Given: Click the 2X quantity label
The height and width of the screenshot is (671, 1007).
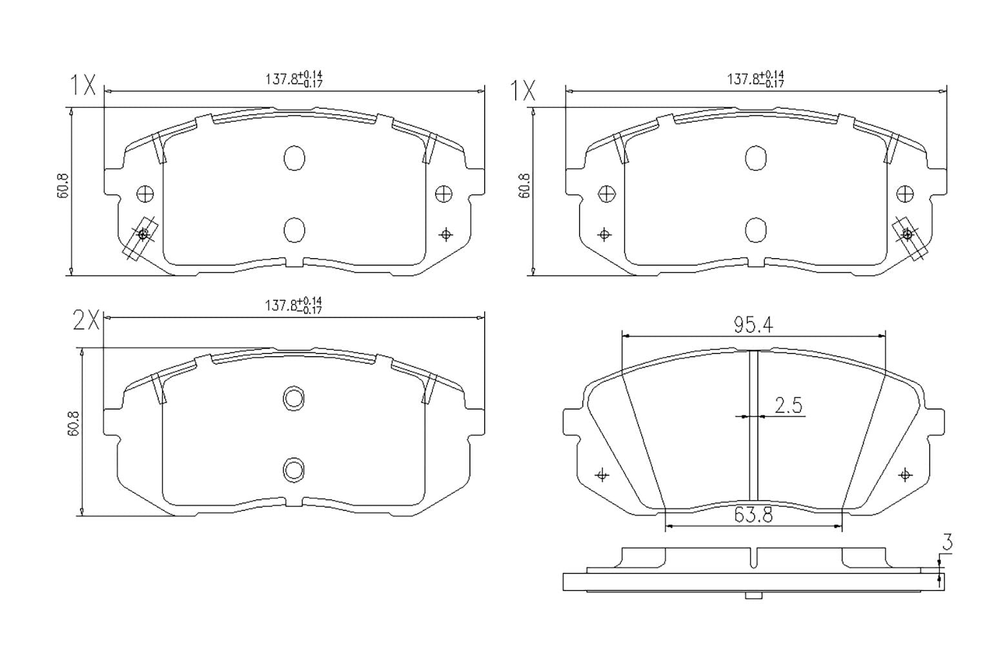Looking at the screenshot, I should click(86, 320).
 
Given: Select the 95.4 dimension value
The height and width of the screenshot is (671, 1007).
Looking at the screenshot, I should click(753, 326).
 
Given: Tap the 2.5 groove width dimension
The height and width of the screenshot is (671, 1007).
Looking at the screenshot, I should click(788, 406).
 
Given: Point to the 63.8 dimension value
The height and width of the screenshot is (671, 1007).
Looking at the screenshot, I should click(753, 516).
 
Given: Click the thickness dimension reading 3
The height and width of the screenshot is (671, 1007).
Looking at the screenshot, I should click(946, 543).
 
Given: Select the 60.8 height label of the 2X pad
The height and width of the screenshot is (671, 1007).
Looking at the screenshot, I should click(72, 424).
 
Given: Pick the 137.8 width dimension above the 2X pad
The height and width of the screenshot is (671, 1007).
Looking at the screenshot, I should click(294, 305).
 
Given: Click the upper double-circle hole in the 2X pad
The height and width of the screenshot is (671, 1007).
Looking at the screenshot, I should click(294, 398).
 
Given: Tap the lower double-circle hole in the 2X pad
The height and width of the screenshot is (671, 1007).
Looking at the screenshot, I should click(294, 470).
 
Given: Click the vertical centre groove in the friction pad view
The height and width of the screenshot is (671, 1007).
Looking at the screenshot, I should click(753, 426).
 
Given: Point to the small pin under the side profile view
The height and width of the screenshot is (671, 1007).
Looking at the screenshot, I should click(753, 596).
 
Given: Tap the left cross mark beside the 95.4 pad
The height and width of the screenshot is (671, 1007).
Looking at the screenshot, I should click(602, 476).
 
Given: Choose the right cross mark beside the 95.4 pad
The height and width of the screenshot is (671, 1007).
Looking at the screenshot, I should click(905, 476).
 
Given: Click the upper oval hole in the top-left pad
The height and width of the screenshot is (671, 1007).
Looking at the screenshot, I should click(294, 158).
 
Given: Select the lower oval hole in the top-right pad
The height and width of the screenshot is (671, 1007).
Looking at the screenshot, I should click(755, 229).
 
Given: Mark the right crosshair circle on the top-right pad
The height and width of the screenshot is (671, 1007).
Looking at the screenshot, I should click(905, 194).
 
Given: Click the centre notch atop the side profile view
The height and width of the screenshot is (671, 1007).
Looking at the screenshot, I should click(753, 558).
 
